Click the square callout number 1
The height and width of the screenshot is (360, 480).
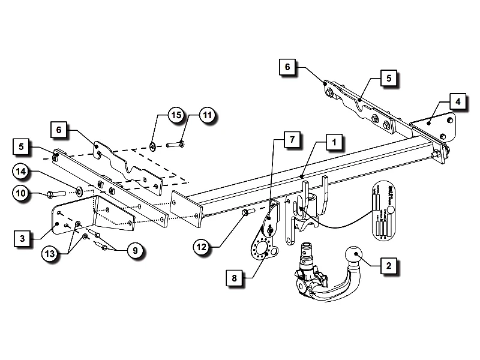[x=334, y=143]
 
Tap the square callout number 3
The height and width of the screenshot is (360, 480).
[x=22, y=239]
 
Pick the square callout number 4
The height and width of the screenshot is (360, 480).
[x=457, y=101]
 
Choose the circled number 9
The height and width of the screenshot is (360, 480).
[x=135, y=251]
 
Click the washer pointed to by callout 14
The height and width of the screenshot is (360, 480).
[x=79, y=192]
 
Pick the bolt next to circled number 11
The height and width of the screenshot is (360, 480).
[x=176, y=143]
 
